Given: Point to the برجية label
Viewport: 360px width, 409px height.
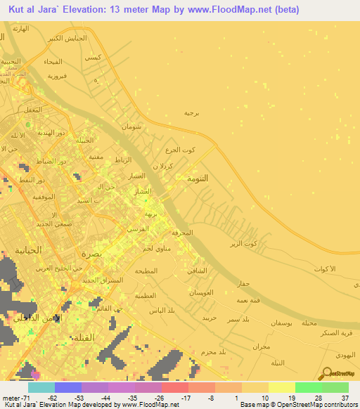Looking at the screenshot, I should (193, 112).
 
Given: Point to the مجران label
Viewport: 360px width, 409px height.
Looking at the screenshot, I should (260, 347).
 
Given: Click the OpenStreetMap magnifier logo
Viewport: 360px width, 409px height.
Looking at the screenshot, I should (328, 373).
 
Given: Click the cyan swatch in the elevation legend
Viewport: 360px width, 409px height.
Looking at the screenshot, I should (41, 387).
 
